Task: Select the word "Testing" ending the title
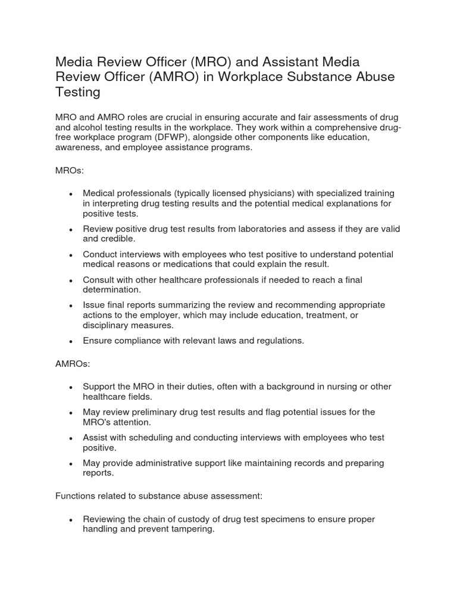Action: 78,92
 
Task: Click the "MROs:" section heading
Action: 70,170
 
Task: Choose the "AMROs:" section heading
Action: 73,364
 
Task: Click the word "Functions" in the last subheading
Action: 76,496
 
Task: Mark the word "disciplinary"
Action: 108,325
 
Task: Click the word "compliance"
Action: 138,341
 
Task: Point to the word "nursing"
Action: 322,387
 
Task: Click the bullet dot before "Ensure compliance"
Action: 71,341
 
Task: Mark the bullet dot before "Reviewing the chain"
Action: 71,520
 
